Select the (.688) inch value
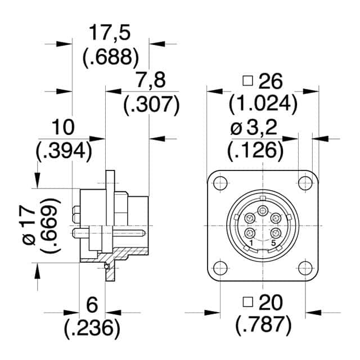click(110, 56)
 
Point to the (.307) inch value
click(150, 104)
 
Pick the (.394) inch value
click(64, 151)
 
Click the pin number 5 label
click(274, 243)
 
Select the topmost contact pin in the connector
click(263, 211)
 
